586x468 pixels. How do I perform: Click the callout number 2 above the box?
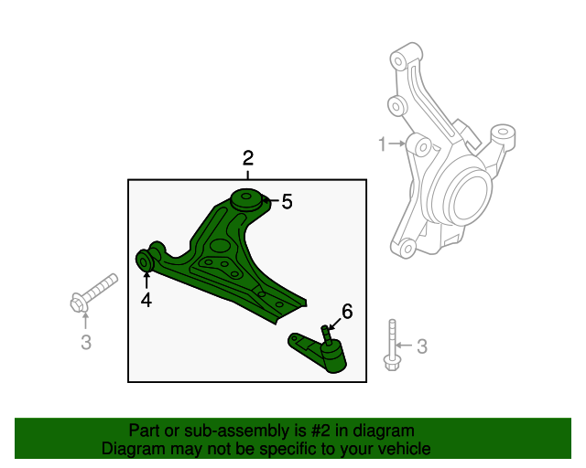pos(247,157)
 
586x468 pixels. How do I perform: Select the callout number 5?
pos(287,202)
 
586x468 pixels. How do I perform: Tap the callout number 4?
pos(146,299)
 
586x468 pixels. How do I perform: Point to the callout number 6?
pos(346,311)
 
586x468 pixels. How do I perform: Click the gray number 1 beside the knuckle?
pos(382,144)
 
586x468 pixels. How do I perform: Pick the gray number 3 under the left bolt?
pos(85,343)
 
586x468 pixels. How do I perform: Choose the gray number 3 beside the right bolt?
pos(421,346)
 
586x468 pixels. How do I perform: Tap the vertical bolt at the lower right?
pos(392,347)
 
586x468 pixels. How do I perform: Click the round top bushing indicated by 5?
pos(246,197)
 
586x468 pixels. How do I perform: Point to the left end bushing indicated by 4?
pos(145,261)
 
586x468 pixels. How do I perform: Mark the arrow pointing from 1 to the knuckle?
pos(398,144)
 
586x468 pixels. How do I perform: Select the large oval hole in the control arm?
pos(219,245)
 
